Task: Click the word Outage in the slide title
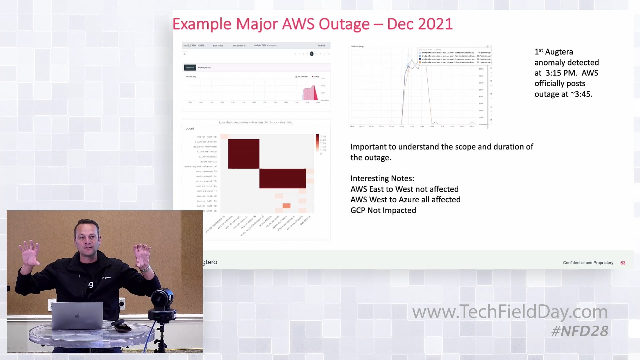[x=344, y=24]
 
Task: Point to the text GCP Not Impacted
[x=383, y=210]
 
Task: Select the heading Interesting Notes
[x=382, y=178]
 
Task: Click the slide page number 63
[x=623, y=263]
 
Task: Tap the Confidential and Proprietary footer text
[x=588, y=263]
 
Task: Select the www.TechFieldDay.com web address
[x=510, y=312]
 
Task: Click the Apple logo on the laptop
[x=77, y=315]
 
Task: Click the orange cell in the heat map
[x=286, y=206]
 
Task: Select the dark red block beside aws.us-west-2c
[x=283, y=178]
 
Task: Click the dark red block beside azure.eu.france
[x=244, y=154]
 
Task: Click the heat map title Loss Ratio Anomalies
[x=256, y=122]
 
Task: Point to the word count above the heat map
[x=190, y=128]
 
